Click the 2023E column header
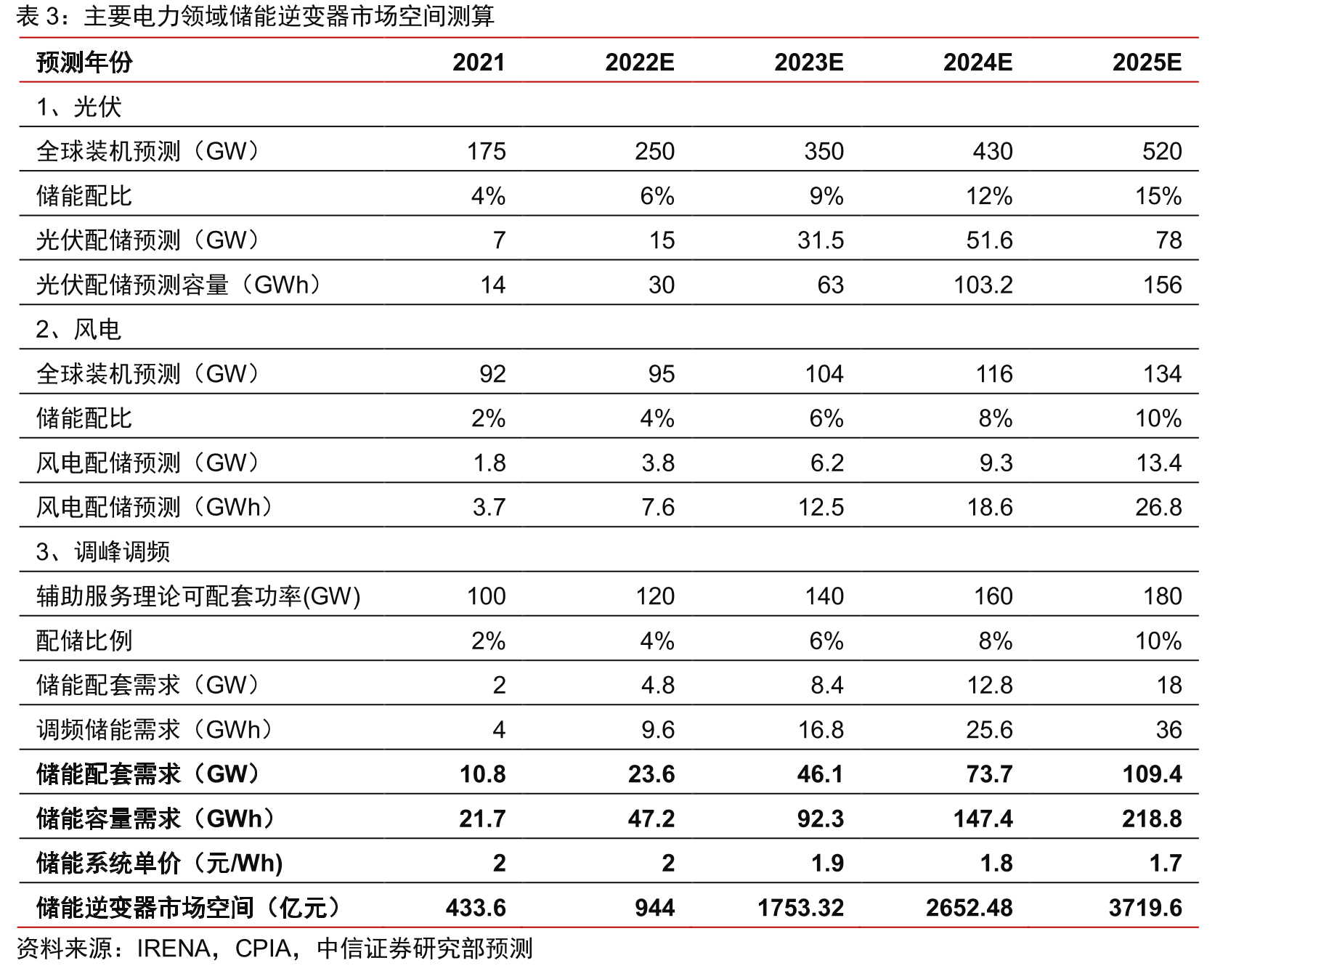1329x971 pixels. pos(808,62)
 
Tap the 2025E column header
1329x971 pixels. pos(1147,62)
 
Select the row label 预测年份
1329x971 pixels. pos(84,62)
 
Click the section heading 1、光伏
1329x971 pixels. pos(78,107)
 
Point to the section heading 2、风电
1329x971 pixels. pos(78,329)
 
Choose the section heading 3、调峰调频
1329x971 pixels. pos(103,551)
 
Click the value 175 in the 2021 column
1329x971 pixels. pos(486,151)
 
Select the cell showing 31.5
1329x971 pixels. pos(821,240)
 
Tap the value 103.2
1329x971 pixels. pos(983,285)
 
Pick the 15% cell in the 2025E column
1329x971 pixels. pos(1158,196)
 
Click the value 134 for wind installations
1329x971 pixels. pos(1163,373)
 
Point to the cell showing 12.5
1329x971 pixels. pos(821,507)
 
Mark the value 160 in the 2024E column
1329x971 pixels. pos(993,596)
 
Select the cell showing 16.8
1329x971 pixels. pos(821,729)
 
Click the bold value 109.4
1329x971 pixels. pos(1152,774)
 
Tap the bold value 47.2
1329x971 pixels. pos(651,818)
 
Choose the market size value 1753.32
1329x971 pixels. pos(800,908)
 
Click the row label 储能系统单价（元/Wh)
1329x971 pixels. pos(159,863)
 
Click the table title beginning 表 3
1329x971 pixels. pos(255,16)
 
